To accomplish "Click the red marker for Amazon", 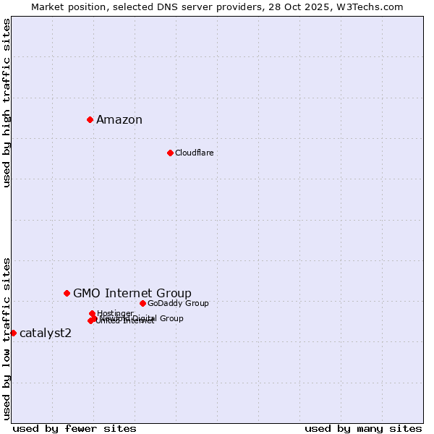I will [x=90, y=119].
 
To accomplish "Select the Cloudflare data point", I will [x=170, y=153].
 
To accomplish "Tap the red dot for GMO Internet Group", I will [x=67, y=293].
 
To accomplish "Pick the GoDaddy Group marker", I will [x=142, y=303].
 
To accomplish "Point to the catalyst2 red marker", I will [x=13, y=333].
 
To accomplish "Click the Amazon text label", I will [x=119, y=120].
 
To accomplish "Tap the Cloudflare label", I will [x=194, y=153].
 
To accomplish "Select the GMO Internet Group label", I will [x=132, y=293].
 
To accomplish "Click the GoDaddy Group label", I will [x=178, y=303].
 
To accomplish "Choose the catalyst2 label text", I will [x=46, y=333].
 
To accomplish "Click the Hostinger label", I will [x=115, y=313].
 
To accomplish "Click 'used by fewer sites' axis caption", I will [x=75, y=428].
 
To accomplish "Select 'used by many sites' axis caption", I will [x=363, y=428].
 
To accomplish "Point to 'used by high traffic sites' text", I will [x=7, y=103].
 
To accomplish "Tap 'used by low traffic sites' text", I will [x=7, y=339].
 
